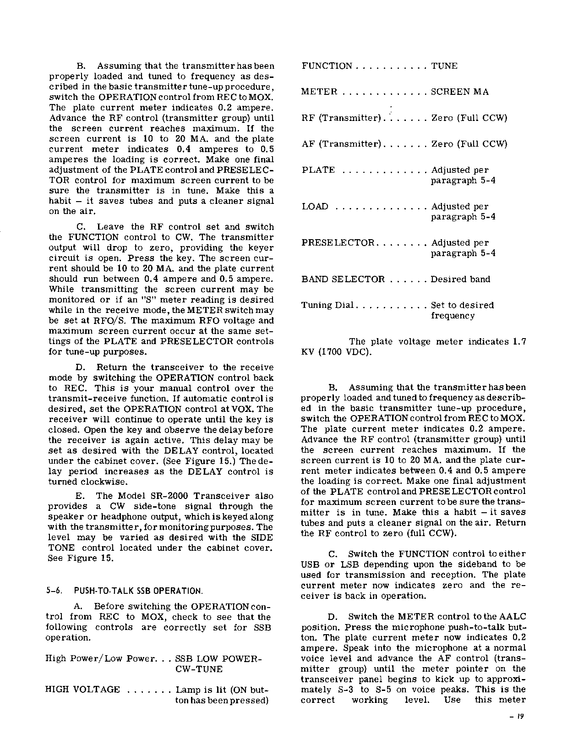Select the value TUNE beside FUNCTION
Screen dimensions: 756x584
pyautogui.click(x=444, y=66)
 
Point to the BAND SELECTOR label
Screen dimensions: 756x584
pyautogui.click(x=343, y=279)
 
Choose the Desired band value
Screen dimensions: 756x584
pyautogui.click(x=460, y=279)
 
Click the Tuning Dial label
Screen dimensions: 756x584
pyautogui.click(x=327, y=306)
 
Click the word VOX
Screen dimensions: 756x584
pyautogui.click(x=251, y=409)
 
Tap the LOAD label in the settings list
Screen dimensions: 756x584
pyautogui.click(x=315, y=207)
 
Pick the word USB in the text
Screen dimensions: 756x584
pyautogui.click(x=311, y=564)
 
